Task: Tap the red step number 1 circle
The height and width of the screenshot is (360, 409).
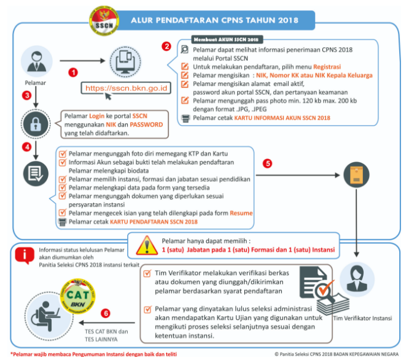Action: point(72,72)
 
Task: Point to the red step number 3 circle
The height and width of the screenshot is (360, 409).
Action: point(26,96)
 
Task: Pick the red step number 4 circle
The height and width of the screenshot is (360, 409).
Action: point(26,147)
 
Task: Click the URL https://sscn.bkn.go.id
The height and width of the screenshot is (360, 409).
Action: point(127,88)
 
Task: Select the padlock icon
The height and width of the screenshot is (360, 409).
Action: point(35,121)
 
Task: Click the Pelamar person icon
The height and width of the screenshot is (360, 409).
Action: point(34,61)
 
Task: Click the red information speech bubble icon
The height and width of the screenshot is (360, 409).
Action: point(24,254)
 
